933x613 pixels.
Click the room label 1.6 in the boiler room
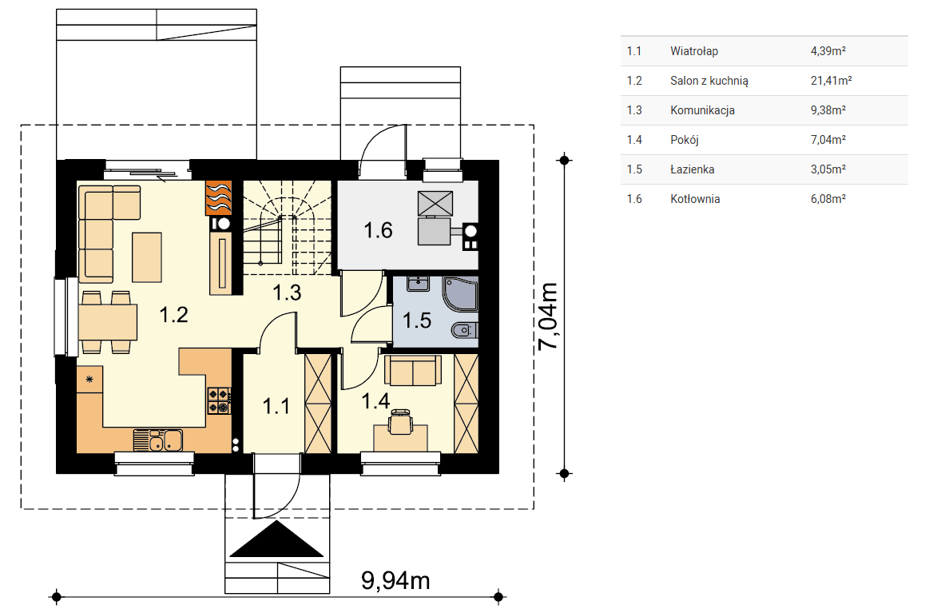pos(378,229)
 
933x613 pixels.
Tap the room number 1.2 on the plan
pos(174,314)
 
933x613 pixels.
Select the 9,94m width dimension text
pos(395,580)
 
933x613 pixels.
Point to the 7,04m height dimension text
pos(548,316)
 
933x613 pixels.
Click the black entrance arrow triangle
pos(276,539)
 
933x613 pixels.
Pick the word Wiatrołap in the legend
pos(694,51)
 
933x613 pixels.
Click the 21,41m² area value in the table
pos(831,81)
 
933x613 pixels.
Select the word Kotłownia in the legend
pos(695,199)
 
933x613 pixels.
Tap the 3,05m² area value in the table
pos(828,169)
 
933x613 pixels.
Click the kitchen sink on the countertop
pos(157,440)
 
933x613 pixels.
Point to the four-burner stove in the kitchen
pos(219,400)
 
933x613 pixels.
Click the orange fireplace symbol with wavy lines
pos(218,197)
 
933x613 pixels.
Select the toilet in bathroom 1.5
pos(465,330)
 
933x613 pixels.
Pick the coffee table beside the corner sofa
pos(147,257)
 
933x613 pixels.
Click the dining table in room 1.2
pos(108,321)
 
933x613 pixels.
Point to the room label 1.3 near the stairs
pos(287,293)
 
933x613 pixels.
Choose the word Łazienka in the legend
pos(692,169)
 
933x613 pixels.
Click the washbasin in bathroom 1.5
pos(419,283)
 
